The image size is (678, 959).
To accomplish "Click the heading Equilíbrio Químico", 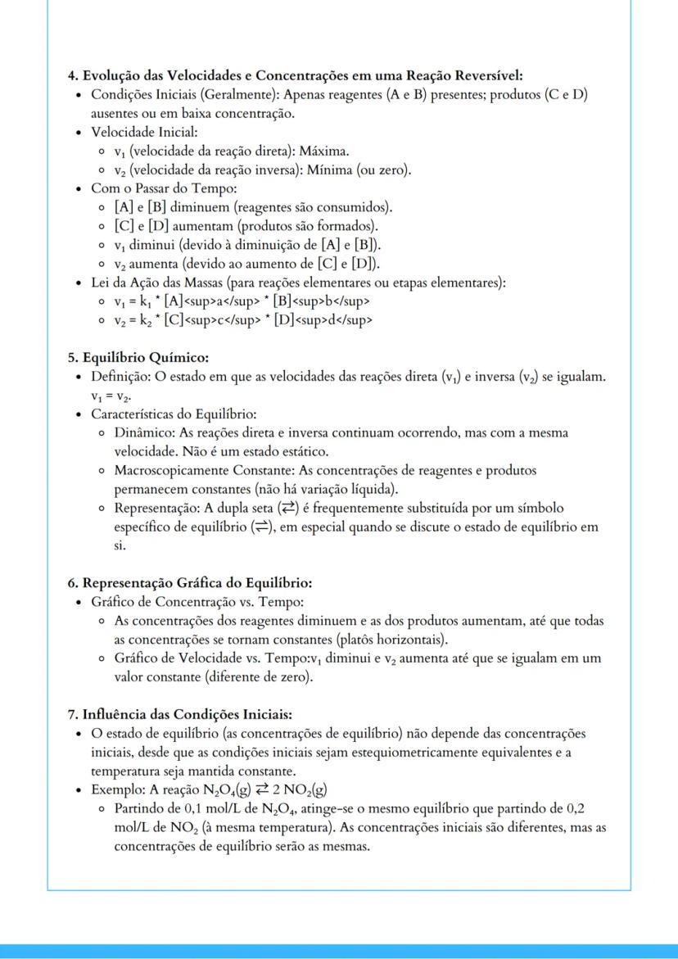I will pos(145,357).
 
